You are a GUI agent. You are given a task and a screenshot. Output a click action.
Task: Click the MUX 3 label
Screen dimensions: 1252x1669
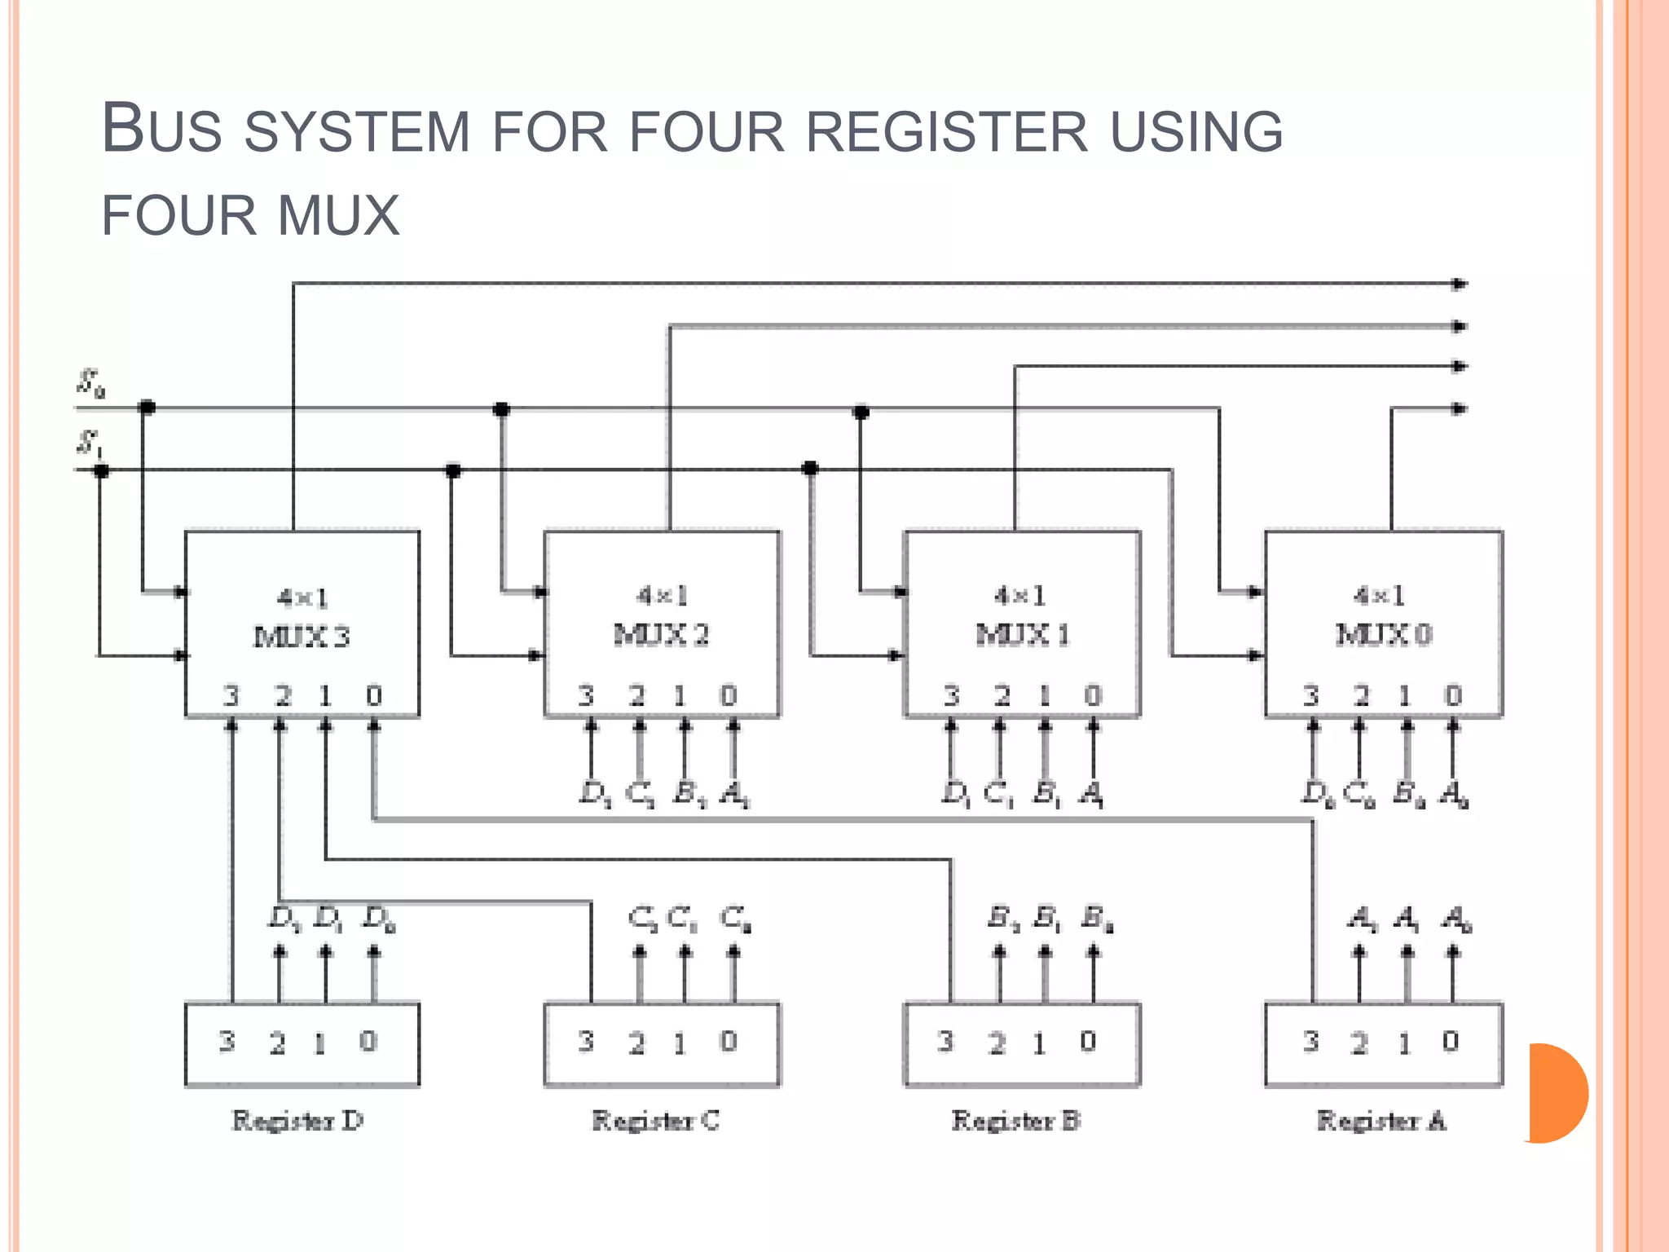pos(302,637)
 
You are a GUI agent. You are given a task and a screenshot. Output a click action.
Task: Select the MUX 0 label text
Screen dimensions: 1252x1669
pos(1383,634)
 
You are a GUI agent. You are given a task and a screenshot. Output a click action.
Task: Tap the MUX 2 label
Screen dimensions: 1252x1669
pos(661,634)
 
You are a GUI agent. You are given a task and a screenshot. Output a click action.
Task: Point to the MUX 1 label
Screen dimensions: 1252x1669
pos(1022,634)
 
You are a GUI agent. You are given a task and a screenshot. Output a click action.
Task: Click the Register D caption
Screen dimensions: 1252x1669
pos(297,1121)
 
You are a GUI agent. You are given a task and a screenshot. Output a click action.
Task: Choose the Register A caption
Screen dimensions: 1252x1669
pos(1381,1121)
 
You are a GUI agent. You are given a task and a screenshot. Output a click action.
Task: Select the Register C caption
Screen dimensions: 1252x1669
pos(656,1121)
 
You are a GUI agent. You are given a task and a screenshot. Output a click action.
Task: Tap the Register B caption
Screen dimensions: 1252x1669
pos(1016,1121)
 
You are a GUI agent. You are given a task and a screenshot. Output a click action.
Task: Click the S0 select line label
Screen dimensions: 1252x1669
pos(90,383)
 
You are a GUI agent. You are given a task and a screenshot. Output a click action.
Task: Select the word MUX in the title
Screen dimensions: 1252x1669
pos(338,216)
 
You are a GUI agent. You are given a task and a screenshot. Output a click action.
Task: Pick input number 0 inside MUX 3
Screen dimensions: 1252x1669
pos(374,695)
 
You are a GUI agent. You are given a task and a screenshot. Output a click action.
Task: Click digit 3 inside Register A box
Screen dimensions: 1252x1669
pos(1310,1042)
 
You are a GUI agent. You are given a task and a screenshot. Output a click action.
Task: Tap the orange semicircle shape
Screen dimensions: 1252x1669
pos(1557,1093)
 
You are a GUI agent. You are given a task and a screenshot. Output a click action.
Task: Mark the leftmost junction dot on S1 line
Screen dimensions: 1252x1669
pos(101,470)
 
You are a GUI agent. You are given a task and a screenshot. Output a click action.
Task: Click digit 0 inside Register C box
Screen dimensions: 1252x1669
pos(729,1041)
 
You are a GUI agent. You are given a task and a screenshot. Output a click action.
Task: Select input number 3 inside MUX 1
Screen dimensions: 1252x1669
pos(951,695)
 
